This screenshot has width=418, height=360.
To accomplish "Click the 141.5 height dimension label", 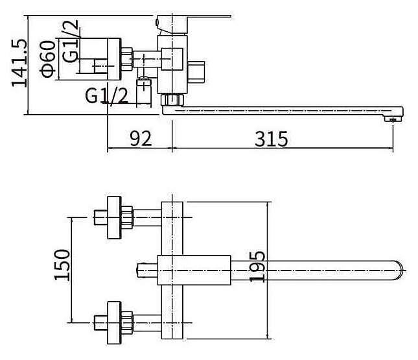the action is pyautogui.click(x=19, y=63).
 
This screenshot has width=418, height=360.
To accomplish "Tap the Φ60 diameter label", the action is pyautogui.click(x=47, y=59).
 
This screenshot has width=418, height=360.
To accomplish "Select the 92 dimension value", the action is pyautogui.click(x=141, y=139).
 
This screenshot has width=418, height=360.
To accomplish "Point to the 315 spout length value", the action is pyautogui.click(x=271, y=139).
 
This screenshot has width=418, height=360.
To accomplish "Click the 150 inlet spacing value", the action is pyautogui.click(x=62, y=265).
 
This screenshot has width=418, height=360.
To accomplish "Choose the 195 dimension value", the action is pyautogui.click(x=257, y=267).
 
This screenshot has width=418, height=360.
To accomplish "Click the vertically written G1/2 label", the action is pyautogui.click(x=71, y=42).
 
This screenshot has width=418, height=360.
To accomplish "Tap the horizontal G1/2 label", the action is pyautogui.click(x=107, y=96).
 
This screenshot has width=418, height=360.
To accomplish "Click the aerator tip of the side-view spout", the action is pyautogui.click(x=393, y=119).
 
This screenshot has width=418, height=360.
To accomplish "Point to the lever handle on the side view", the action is pyautogui.click(x=193, y=23).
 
